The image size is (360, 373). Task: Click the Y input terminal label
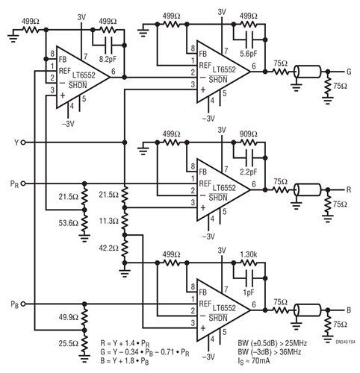pyautogui.click(x=14, y=142)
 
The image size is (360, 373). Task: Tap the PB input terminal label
pyautogui.click(x=14, y=304)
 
